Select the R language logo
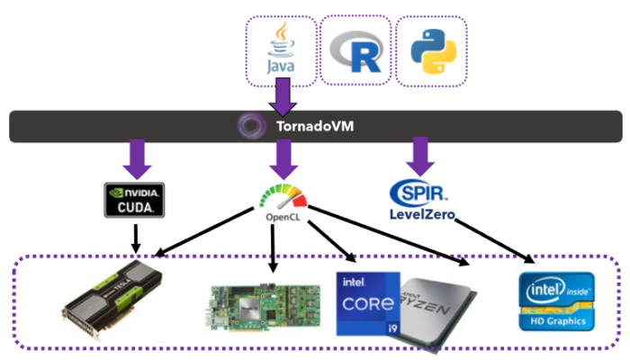pyautogui.click(x=355, y=52)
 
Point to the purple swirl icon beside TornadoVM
pyautogui.click(x=249, y=126)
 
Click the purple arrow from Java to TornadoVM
pyautogui.click(x=282, y=96)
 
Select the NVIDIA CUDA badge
pyautogui.click(x=133, y=199)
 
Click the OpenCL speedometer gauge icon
pyautogui.click(x=281, y=197)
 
